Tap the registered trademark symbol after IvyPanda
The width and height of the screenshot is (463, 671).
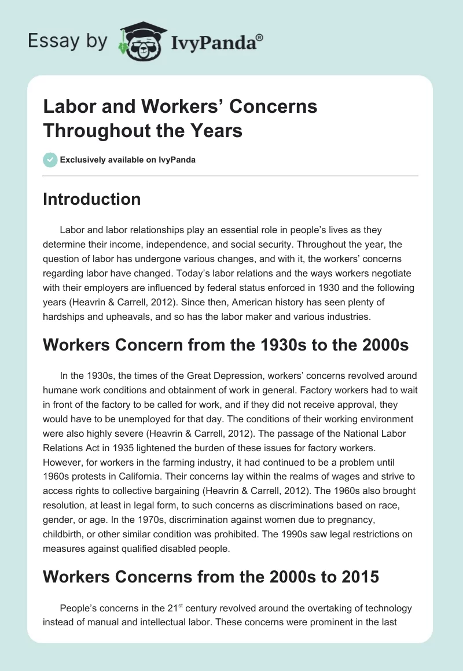(259, 38)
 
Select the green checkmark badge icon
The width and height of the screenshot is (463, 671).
(50, 160)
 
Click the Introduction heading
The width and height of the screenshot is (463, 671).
(92, 200)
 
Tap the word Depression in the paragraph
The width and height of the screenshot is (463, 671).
(210, 376)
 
